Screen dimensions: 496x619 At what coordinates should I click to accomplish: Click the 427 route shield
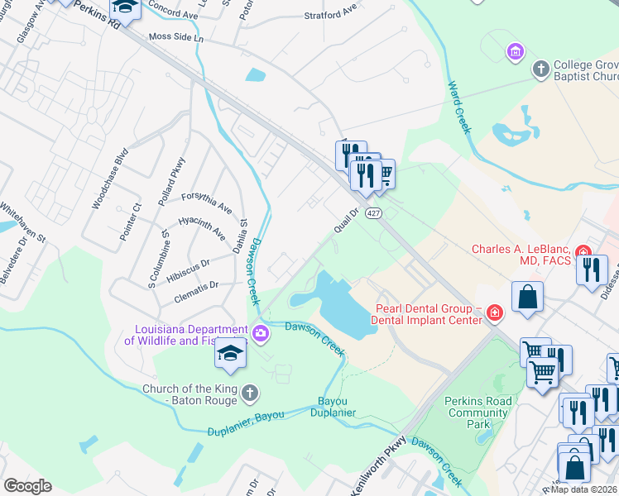375,213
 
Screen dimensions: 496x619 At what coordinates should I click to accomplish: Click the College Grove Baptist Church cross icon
540,69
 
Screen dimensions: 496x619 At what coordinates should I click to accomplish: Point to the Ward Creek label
458,107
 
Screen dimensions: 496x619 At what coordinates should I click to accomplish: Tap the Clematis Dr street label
195,285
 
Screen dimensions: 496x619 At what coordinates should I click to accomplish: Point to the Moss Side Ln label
175,37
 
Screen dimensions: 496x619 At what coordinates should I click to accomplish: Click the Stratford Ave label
329,13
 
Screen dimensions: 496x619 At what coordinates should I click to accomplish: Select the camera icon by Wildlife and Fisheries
262,334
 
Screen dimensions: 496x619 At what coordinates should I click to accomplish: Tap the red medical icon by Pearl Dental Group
495,312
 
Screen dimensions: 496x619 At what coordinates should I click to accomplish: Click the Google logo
27,485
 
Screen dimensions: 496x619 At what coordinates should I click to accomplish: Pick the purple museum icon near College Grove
515,53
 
